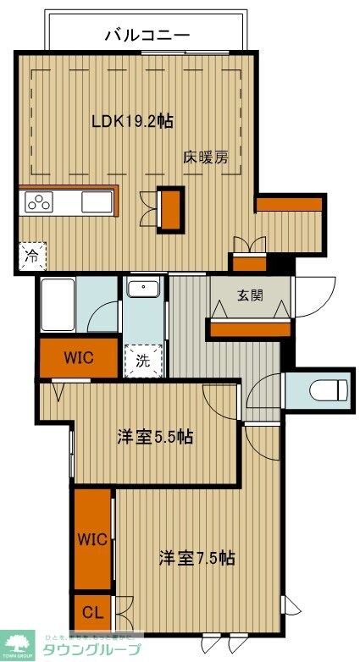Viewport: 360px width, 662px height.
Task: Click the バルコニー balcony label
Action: (x=147, y=35)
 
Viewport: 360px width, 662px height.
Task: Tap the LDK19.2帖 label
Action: (x=132, y=121)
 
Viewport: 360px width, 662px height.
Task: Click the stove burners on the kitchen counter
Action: (x=39, y=201)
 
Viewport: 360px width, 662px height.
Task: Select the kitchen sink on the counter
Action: (x=96, y=202)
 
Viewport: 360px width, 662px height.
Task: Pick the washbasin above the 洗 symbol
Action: (x=143, y=290)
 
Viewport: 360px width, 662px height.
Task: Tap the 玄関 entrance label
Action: (x=250, y=295)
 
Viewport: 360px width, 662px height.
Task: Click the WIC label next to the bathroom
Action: (x=79, y=357)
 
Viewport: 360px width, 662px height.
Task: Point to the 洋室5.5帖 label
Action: (x=155, y=437)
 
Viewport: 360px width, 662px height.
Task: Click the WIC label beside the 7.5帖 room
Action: (x=93, y=539)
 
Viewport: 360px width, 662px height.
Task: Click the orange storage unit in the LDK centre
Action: (x=170, y=208)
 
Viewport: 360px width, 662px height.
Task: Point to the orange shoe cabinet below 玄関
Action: (x=250, y=327)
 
